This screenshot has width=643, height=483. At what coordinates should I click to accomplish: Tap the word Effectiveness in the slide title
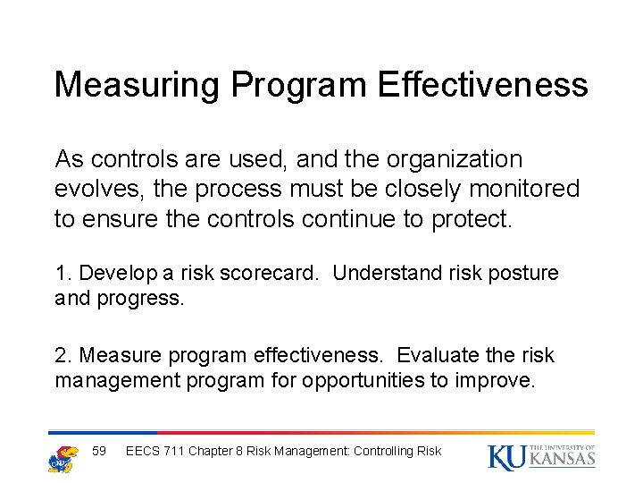[482, 85]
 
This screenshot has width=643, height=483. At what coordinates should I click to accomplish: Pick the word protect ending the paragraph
[472, 219]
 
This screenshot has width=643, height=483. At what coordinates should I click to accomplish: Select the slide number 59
[99, 451]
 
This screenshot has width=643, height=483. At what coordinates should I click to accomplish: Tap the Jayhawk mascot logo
[62, 457]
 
